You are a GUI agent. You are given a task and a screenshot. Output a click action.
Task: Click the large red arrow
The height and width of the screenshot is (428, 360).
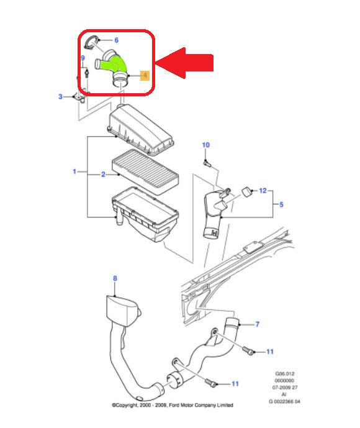tap(184, 63)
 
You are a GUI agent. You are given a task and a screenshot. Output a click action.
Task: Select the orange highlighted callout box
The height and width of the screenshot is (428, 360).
tap(145, 75)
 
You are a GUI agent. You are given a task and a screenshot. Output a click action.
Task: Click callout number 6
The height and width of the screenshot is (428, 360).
tap(117, 40)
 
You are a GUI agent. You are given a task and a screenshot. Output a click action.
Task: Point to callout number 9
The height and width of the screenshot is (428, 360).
tap(83, 58)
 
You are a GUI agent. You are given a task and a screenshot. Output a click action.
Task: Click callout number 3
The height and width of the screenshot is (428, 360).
tap(61, 97)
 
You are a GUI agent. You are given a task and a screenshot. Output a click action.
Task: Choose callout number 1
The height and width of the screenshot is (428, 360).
tap(74, 171)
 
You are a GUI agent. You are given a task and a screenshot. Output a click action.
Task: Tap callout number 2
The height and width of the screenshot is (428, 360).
tap(103, 175)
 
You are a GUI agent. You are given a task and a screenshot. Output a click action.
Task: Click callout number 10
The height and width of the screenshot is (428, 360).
tap(206, 145)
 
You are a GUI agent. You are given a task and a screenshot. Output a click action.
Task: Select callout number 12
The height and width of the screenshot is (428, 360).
tap(263, 191)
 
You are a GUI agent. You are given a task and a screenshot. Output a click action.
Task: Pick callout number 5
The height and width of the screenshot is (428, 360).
tap(281, 204)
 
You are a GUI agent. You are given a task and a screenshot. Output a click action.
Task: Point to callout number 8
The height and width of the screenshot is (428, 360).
tap(115, 278)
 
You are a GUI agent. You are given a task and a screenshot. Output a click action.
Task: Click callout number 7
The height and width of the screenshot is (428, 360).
tap(258, 324)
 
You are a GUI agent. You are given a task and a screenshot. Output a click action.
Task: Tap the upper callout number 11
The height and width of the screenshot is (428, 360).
tap(270, 352)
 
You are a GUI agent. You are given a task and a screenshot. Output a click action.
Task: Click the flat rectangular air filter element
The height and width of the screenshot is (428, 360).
tap(145, 171)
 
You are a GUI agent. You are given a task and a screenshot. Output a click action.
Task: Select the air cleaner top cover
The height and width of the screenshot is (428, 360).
tap(142, 130)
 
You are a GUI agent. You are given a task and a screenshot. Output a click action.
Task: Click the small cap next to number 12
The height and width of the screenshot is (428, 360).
tap(247, 191)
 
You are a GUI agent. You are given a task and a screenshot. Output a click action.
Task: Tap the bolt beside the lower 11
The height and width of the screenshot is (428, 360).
tap(211, 383)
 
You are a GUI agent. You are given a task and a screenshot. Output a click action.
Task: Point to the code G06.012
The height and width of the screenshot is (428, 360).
tap(285, 374)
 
